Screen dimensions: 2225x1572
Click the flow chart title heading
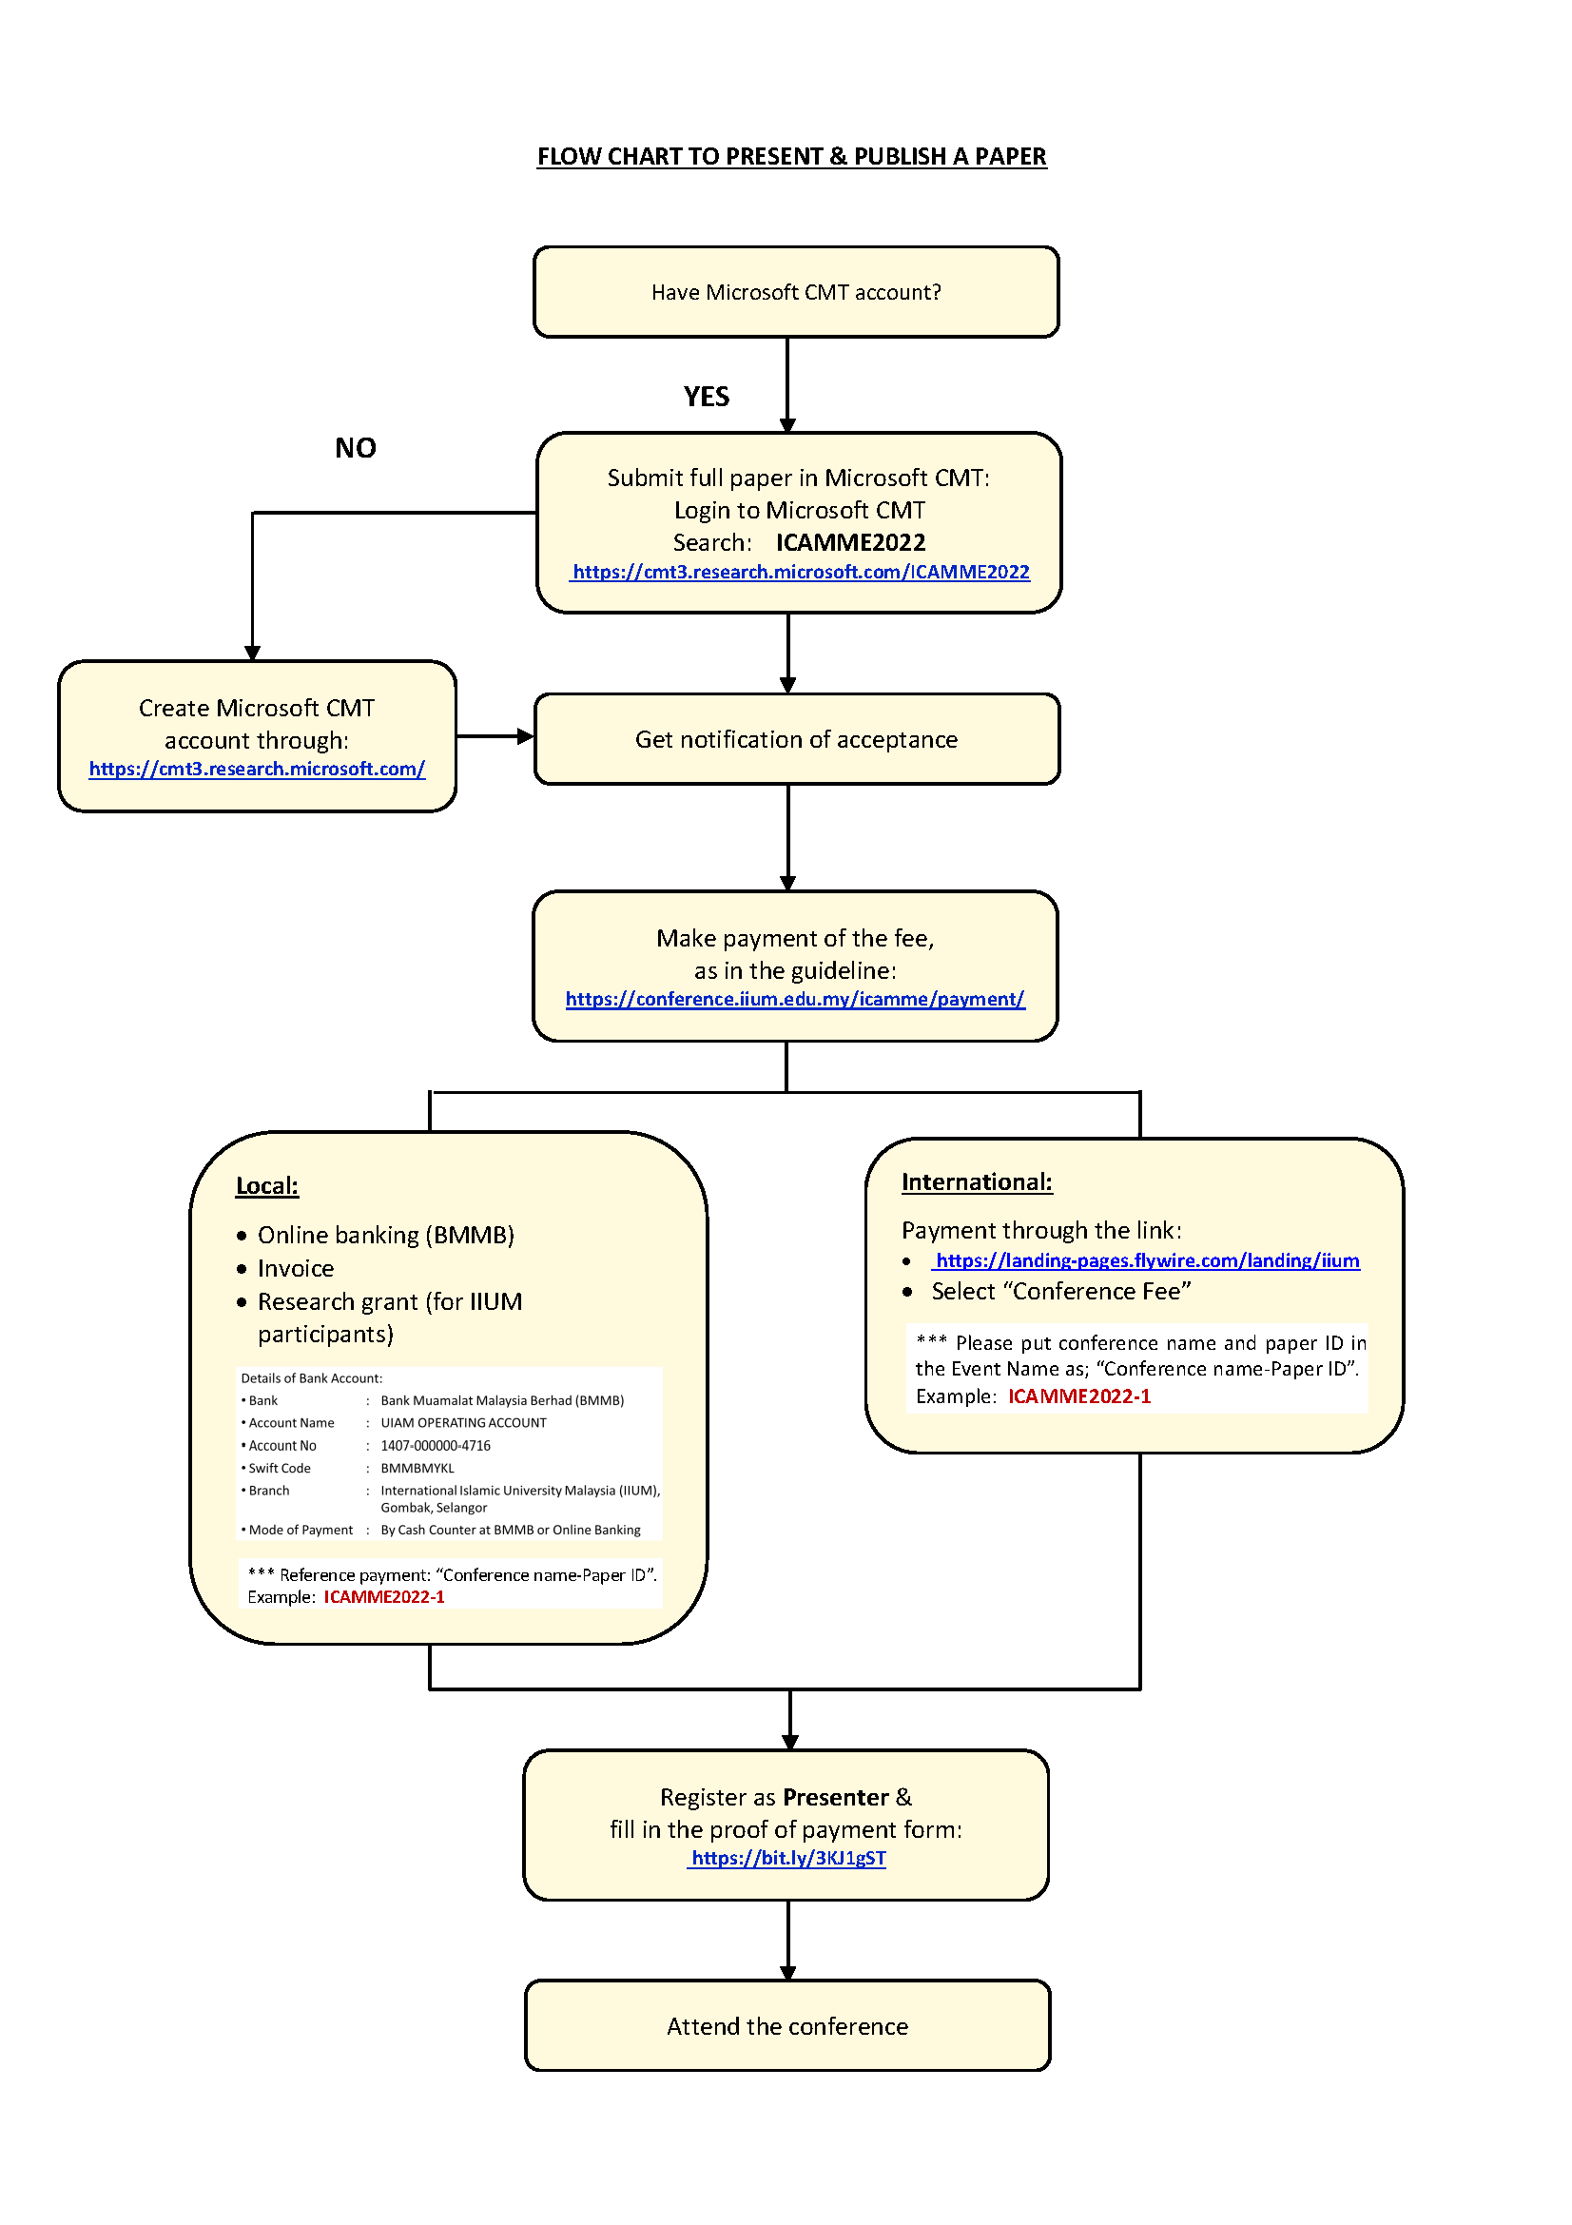[791, 157]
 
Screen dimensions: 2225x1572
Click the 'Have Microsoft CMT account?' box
[795, 292]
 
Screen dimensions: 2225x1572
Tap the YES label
[706, 397]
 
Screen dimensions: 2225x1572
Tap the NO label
[356, 448]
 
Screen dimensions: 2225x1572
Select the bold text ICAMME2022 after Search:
[849, 542]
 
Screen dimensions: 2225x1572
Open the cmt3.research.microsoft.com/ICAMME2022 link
[800, 573]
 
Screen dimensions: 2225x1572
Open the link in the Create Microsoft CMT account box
[257, 770]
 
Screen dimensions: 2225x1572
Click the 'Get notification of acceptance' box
[795, 739]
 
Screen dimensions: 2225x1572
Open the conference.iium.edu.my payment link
[794, 999]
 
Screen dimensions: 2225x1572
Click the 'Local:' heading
[267, 1186]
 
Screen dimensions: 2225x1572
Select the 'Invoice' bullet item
[296, 1269]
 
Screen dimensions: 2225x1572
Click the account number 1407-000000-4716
[435, 1446]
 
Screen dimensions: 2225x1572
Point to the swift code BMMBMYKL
[417, 1468]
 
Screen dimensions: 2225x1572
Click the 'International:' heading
[977, 1182]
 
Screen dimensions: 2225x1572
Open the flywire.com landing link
[1147, 1260]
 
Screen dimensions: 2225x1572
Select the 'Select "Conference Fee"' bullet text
[1060, 1292]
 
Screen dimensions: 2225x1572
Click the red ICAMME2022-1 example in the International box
[1079, 1396]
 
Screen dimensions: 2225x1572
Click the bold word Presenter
[835, 1798]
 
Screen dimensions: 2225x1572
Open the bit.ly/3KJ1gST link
[787, 1858]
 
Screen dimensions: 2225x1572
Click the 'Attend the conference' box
[786, 2026]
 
